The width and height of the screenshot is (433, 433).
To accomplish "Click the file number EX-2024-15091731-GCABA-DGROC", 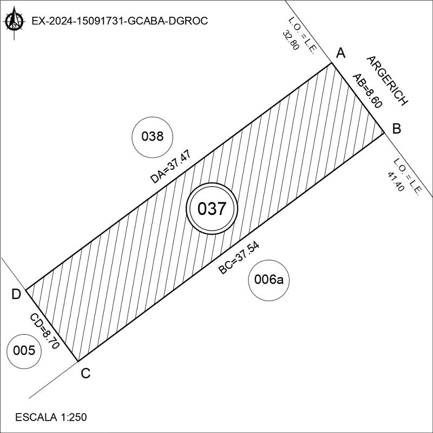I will (x=120, y=21).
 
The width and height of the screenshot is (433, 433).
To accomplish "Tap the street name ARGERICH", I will (x=386, y=80).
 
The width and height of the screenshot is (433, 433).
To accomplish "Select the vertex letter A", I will (x=340, y=53).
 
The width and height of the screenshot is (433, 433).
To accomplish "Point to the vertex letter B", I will (x=396, y=129).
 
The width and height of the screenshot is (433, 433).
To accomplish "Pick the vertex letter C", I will (x=85, y=373).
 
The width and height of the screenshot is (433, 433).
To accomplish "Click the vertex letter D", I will (x=16, y=294).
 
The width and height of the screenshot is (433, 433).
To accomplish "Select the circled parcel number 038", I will (x=152, y=136).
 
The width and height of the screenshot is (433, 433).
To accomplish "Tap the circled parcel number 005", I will (x=24, y=351).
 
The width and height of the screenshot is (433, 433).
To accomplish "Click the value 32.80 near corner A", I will (x=291, y=40).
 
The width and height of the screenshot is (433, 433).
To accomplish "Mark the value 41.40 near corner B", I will (x=396, y=181).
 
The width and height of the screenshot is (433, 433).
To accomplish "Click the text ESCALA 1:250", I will (x=51, y=417).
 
